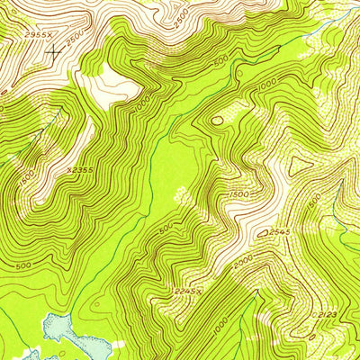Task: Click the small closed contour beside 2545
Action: click(x=264, y=233)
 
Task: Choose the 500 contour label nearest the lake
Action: click(x=23, y=266)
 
